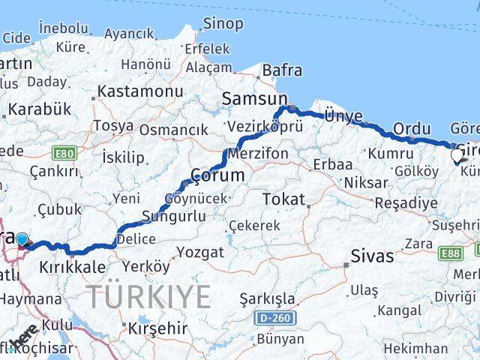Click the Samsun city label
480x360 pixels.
tap(255, 99)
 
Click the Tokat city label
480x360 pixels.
tap(283, 199)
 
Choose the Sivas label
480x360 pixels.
tap(372, 256)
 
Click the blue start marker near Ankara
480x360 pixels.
tap(22, 239)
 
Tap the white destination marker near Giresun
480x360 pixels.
tap(457, 156)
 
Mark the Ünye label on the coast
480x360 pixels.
tap(343, 115)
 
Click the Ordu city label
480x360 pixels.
tap(411, 127)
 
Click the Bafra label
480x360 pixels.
tap(282, 70)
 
